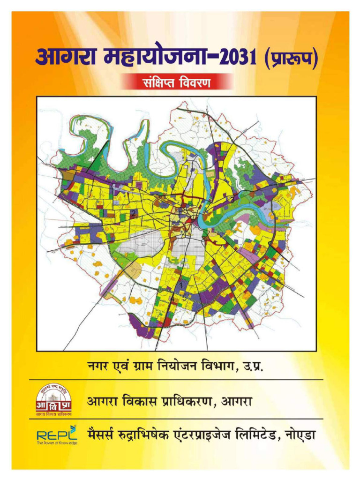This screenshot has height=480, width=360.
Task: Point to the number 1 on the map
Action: tap(181, 285)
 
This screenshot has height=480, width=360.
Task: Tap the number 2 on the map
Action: tap(134, 213)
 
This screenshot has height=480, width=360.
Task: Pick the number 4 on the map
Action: tap(172, 298)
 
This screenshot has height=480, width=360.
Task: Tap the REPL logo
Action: tap(57, 434)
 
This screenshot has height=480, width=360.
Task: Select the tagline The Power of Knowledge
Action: tap(57, 442)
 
